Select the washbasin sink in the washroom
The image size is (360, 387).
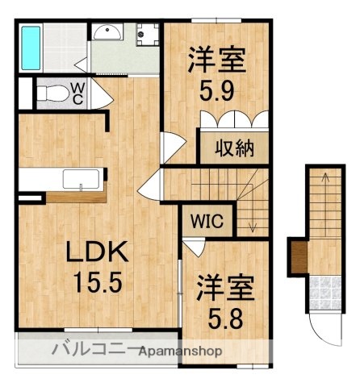(x=107, y=33)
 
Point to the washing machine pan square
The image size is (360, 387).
(x=147, y=35)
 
